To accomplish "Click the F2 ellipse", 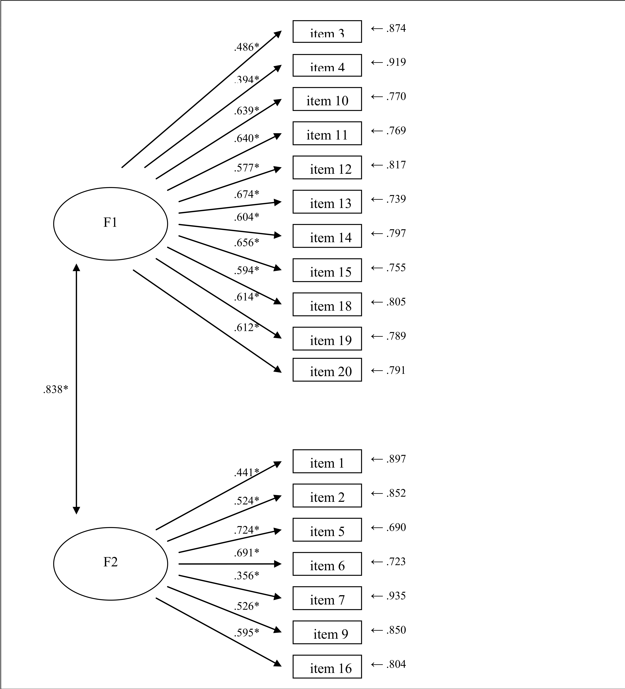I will tap(110, 564).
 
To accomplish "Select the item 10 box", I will tap(327, 99).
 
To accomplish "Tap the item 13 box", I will tap(327, 202).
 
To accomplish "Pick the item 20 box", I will tap(327, 370).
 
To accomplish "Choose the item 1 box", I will tap(327, 461).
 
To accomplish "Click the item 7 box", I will tap(327, 598).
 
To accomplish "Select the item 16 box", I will tap(327, 666).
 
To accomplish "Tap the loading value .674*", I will tap(246, 194).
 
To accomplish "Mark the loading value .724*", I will tap(246, 530).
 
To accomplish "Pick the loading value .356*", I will tap(246, 575).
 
